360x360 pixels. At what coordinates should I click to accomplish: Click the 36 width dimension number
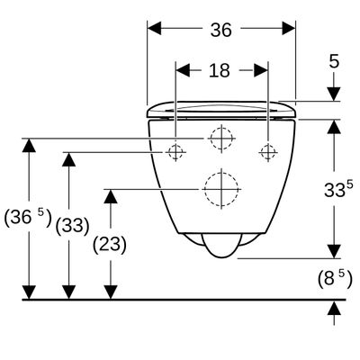pyautogui.click(x=221, y=30)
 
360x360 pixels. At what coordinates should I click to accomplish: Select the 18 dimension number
pyautogui.click(x=220, y=71)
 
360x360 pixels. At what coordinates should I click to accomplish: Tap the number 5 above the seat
pyautogui.click(x=334, y=62)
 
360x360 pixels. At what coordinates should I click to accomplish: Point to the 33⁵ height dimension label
pyautogui.click(x=338, y=189)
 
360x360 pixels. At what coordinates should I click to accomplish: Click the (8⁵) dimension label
pyautogui.click(x=335, y=279)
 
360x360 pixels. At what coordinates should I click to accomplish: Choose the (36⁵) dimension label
pyautogui.click(x=28, y=217)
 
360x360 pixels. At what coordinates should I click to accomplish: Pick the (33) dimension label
pyautogui.click(x=73, y=226)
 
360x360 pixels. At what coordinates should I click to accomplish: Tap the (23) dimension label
pyautogui.click(x=110, y=244)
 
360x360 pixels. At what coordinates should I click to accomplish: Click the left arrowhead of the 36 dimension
pyautogui.click(x=155, y=28)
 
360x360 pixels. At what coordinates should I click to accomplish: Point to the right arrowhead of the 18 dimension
pyautogui.click(x=260, y=70)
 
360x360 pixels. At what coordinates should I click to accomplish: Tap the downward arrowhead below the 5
pyautogui.click(x=334, y=94)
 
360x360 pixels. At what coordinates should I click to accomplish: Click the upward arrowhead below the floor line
pyautogui.click(x=334, y=308)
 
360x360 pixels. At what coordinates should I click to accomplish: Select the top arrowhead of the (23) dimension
pyautogui.click(x=111, y=196)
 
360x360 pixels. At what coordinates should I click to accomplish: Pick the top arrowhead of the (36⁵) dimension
pyautogui.click(x=29, y=145)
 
